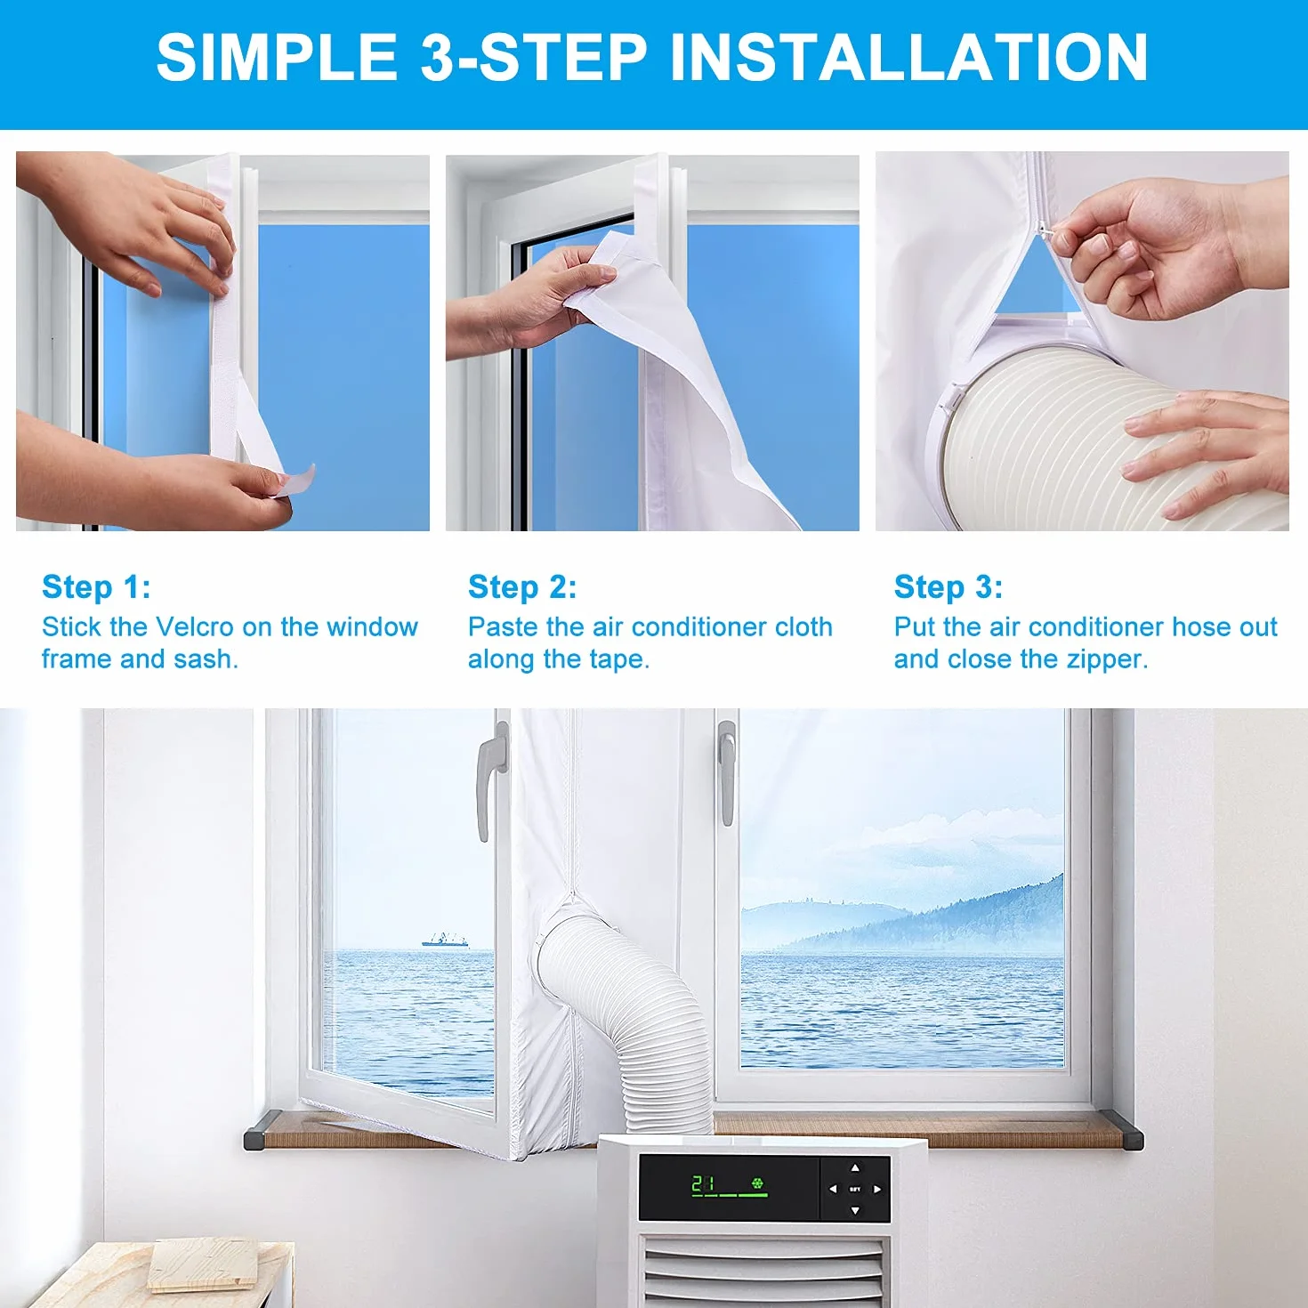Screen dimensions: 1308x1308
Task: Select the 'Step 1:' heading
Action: click(x=96, y=587)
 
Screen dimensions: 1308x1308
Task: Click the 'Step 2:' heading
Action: click(x=522, y=587)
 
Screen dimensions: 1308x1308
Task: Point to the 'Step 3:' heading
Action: click(x=949, y=587)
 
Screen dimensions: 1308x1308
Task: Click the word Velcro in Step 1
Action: click(x=196, y=627)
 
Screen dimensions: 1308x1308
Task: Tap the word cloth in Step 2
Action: click(x=803, y=627)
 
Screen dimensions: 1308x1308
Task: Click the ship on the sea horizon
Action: click(x=445, y=941)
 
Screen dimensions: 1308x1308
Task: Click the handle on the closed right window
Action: click(x=726, y=772)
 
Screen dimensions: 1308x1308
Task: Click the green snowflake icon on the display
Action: click(x=757, y=1184)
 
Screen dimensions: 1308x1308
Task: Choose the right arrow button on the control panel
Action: click(x=877, y=1190)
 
